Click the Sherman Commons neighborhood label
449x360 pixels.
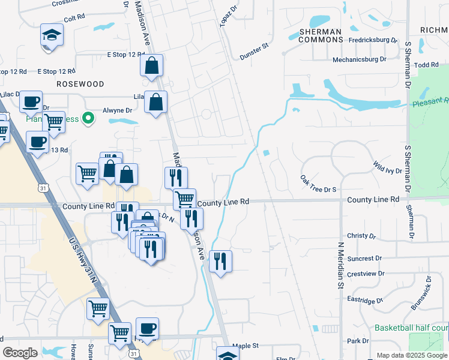coord(321,37)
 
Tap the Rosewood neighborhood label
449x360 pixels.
coord(80,85)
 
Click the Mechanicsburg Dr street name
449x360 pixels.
coord(366,59)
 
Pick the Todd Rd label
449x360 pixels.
coord(426,65)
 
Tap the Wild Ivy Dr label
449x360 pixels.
coord(387,166)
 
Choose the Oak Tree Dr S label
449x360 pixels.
coord(318,184)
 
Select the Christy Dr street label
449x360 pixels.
coord(361,236)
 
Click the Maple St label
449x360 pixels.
coord(245,346)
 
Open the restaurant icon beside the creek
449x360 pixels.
coord(221,260)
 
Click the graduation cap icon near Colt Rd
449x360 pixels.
coord(52,35)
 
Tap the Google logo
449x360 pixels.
coord(20,353)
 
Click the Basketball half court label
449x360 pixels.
coord(411,328)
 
